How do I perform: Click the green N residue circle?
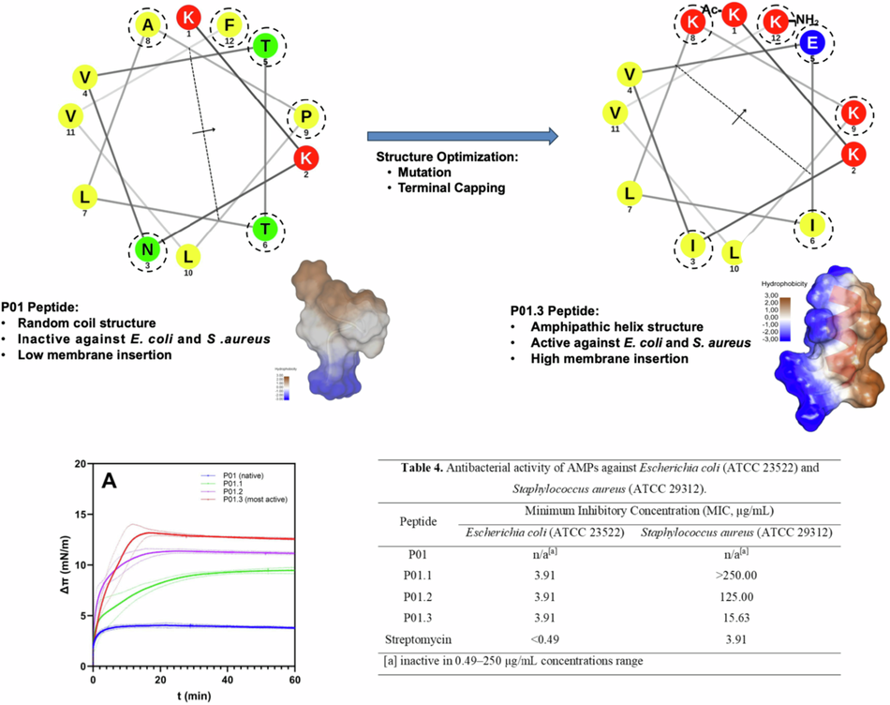click(144, 250)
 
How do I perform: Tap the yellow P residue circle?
click(306, 116)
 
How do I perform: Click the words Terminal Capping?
click(440, 187)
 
